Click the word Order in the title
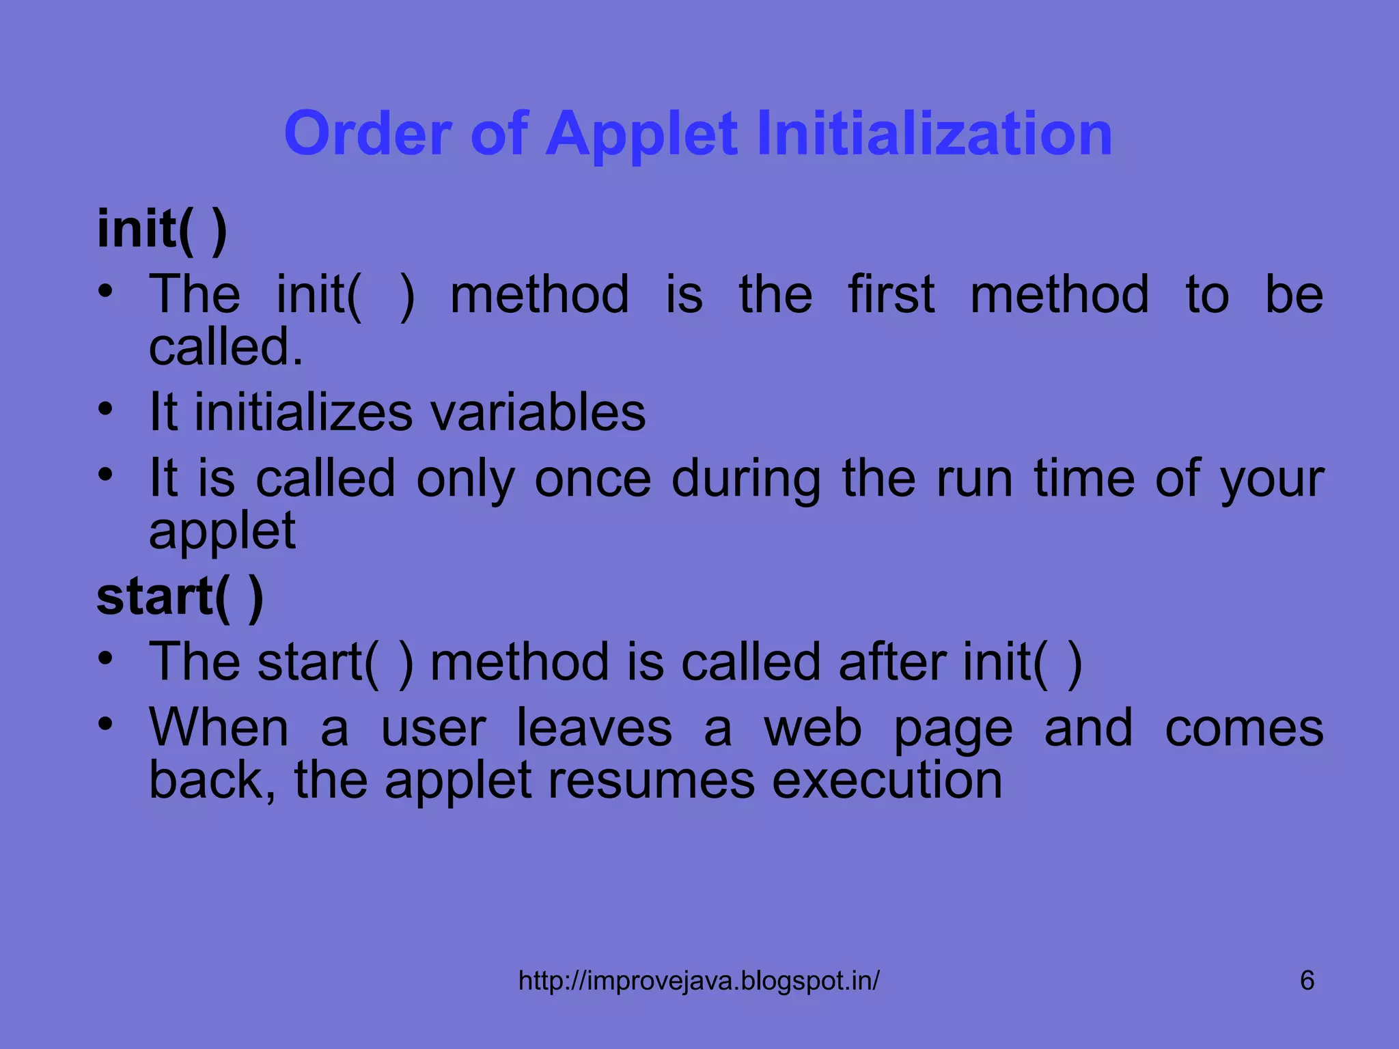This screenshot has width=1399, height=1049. (368, 133)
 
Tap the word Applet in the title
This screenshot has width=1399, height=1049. (641, 133)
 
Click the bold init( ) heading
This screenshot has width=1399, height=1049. (162, 229)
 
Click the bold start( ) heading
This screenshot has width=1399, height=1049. (180, 597)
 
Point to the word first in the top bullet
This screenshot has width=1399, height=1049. (891, 294)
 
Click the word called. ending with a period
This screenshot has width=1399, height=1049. (225, 347)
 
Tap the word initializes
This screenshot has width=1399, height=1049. (303, 412)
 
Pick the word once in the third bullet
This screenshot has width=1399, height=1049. (592, 478)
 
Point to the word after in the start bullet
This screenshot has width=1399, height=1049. (892, 662)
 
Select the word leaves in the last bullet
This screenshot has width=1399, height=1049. (594, 728)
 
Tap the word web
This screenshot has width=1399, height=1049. (812, 728)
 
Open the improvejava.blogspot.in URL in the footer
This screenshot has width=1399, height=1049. (699, 981)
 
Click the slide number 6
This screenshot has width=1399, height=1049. (1307, 981)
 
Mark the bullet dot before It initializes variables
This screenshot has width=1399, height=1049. (105, 410)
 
